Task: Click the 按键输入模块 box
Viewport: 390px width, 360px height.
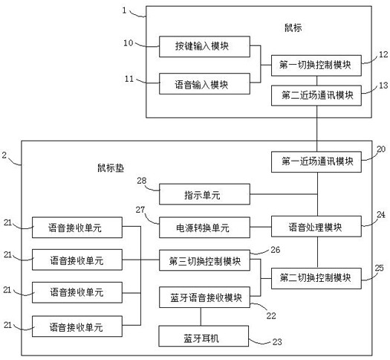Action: point(204,47)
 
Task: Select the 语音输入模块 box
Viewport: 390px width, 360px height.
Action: point(204,83)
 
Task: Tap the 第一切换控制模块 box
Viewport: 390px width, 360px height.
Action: point(316,65)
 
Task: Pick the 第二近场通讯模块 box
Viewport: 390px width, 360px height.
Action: point(316,95)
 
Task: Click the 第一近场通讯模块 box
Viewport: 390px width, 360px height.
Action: point(316,161)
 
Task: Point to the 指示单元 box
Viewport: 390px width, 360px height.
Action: point(204,194)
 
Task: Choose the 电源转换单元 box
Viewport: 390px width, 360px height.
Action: point(204,228)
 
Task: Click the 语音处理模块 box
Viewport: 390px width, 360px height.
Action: point(316,226)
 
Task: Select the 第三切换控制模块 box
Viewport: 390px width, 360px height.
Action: point(204,260)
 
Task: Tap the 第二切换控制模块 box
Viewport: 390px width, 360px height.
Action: point(316,278)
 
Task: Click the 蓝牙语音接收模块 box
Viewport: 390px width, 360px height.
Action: point(204,298)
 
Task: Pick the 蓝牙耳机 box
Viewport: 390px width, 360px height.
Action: point(204,336)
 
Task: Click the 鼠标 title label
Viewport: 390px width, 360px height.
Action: point(293,28)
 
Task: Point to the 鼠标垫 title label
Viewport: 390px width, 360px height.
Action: point(111,168)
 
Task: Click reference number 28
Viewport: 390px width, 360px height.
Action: point(142,181)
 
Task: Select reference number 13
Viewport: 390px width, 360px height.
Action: point(383,86)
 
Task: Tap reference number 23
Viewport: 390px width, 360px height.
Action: point(277,342)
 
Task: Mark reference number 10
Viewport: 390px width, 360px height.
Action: point(129,43)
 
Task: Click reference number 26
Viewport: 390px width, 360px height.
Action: point(276,250)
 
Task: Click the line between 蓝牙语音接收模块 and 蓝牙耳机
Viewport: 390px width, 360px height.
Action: point(201,317)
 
